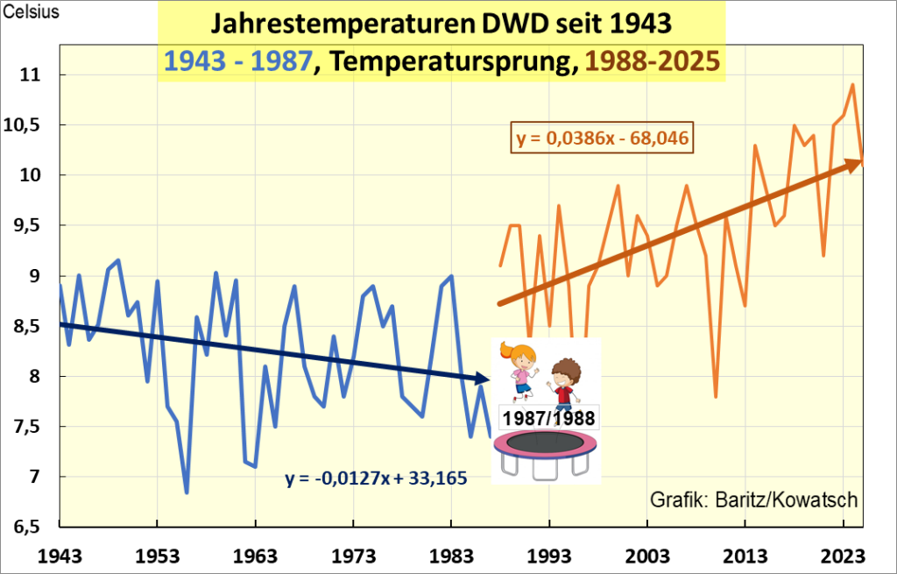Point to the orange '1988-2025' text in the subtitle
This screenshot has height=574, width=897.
pyautogui.click(x=653, y=61)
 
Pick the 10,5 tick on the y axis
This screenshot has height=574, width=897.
pyautogui.click(x=31, y=125)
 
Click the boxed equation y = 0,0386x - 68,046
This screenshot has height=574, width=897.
pyautogui.click(x=600, y=138)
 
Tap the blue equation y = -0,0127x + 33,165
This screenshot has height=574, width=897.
pyautogui.click(x=375, y=478)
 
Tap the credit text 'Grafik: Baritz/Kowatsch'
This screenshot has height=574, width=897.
pyautogui.click(x=753, y=500)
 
